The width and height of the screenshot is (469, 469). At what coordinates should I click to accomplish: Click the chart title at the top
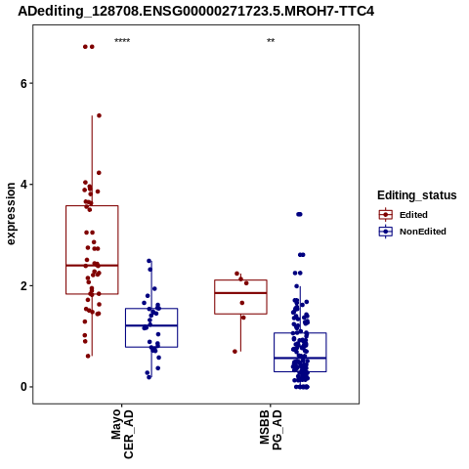point(195,11)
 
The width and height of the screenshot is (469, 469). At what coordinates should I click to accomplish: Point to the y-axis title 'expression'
point(11,214)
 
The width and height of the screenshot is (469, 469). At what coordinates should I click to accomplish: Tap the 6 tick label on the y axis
point(23,83)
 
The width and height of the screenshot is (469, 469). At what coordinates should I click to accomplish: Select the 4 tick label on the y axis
point(23,185)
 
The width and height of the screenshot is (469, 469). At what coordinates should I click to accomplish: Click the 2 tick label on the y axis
point(23,286)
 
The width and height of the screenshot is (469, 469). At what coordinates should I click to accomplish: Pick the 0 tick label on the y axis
point(23,387)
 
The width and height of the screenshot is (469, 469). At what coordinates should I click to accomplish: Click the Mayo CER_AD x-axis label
point(122,434)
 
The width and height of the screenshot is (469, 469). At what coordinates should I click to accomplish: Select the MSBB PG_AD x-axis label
point(271,430)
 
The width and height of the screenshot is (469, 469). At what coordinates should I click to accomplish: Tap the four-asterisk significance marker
point(122,41)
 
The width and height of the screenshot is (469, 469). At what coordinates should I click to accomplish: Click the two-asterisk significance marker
point(271,41)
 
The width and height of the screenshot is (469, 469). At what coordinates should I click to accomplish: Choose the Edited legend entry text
point(413,215)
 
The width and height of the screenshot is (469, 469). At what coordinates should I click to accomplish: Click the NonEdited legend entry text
point(423,232)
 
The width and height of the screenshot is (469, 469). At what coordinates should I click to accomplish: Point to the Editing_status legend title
point(417,195)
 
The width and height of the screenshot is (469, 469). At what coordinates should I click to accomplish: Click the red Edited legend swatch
point(386,215)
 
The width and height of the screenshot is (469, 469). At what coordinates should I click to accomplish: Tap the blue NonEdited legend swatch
point(386,232)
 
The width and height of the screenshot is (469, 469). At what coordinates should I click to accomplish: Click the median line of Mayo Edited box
point(92,266)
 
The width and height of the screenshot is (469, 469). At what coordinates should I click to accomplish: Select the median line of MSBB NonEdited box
point(300,358)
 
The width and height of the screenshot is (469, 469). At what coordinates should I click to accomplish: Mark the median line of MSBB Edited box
point(240,293)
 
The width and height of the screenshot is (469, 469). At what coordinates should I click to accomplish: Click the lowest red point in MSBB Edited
point(234,352)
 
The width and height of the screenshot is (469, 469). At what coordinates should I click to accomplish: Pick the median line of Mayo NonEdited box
point(151,325)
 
